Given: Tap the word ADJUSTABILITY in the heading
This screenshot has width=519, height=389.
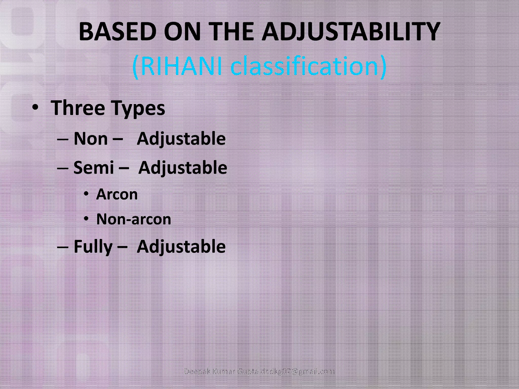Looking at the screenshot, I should [x=350, y=32].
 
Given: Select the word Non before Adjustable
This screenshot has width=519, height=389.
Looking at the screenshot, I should [x=91, y=139].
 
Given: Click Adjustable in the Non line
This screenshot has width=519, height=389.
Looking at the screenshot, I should [x=181, y=139].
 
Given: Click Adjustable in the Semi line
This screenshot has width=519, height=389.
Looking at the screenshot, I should [x=182, y=168].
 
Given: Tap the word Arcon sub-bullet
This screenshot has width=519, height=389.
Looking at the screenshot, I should [x=117, y=194].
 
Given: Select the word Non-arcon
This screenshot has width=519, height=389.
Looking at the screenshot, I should [x=134, y=219].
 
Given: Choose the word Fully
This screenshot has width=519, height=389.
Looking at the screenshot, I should [x=93, y=247].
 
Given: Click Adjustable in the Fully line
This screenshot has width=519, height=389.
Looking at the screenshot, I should [x=181, y=247].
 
